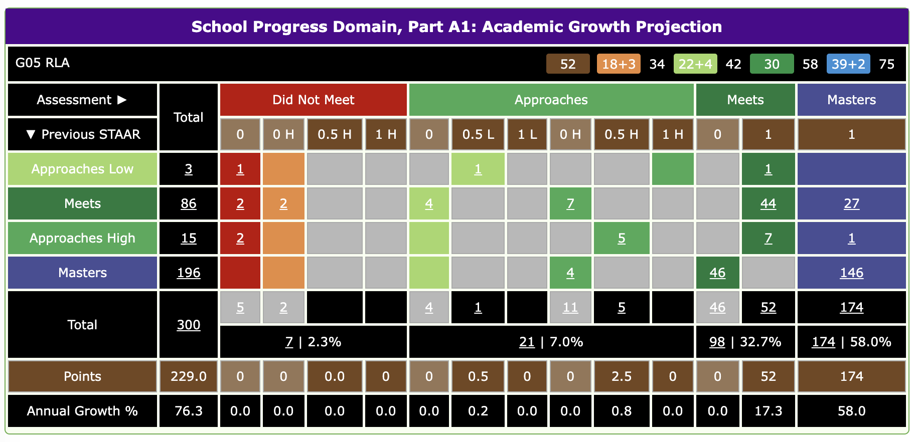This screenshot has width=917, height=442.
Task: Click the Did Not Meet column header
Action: pos(313,100)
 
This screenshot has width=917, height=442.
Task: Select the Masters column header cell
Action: pos(851,100)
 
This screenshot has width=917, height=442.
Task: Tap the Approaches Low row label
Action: pos(82,169)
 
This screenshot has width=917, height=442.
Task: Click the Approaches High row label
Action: pos(82,238)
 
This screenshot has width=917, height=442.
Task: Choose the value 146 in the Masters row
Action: pos(851,273)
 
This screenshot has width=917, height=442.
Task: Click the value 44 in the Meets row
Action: pos(768,203)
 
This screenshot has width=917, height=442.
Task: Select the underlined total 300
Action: pos(188,325)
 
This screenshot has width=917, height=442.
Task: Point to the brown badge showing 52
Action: pos(567,64)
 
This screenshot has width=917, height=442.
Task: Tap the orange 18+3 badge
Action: pos(618,64)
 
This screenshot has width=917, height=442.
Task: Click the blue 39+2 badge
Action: pos(848,64)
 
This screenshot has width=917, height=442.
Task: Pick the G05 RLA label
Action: pos(43,63)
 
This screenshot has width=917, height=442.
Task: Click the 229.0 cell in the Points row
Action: pos(188,376)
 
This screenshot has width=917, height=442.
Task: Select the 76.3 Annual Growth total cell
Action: pos(188,411)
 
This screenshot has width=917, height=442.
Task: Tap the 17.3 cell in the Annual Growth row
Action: pos(768,411)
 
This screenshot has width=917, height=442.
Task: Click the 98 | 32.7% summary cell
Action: pos(745,342)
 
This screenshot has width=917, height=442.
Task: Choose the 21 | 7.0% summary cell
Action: pos(551,342)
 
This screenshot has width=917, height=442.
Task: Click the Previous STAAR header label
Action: pos(83,134)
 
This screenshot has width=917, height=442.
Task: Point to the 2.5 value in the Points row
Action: pos(621,376)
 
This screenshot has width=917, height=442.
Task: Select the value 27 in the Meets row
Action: pos(851,203)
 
